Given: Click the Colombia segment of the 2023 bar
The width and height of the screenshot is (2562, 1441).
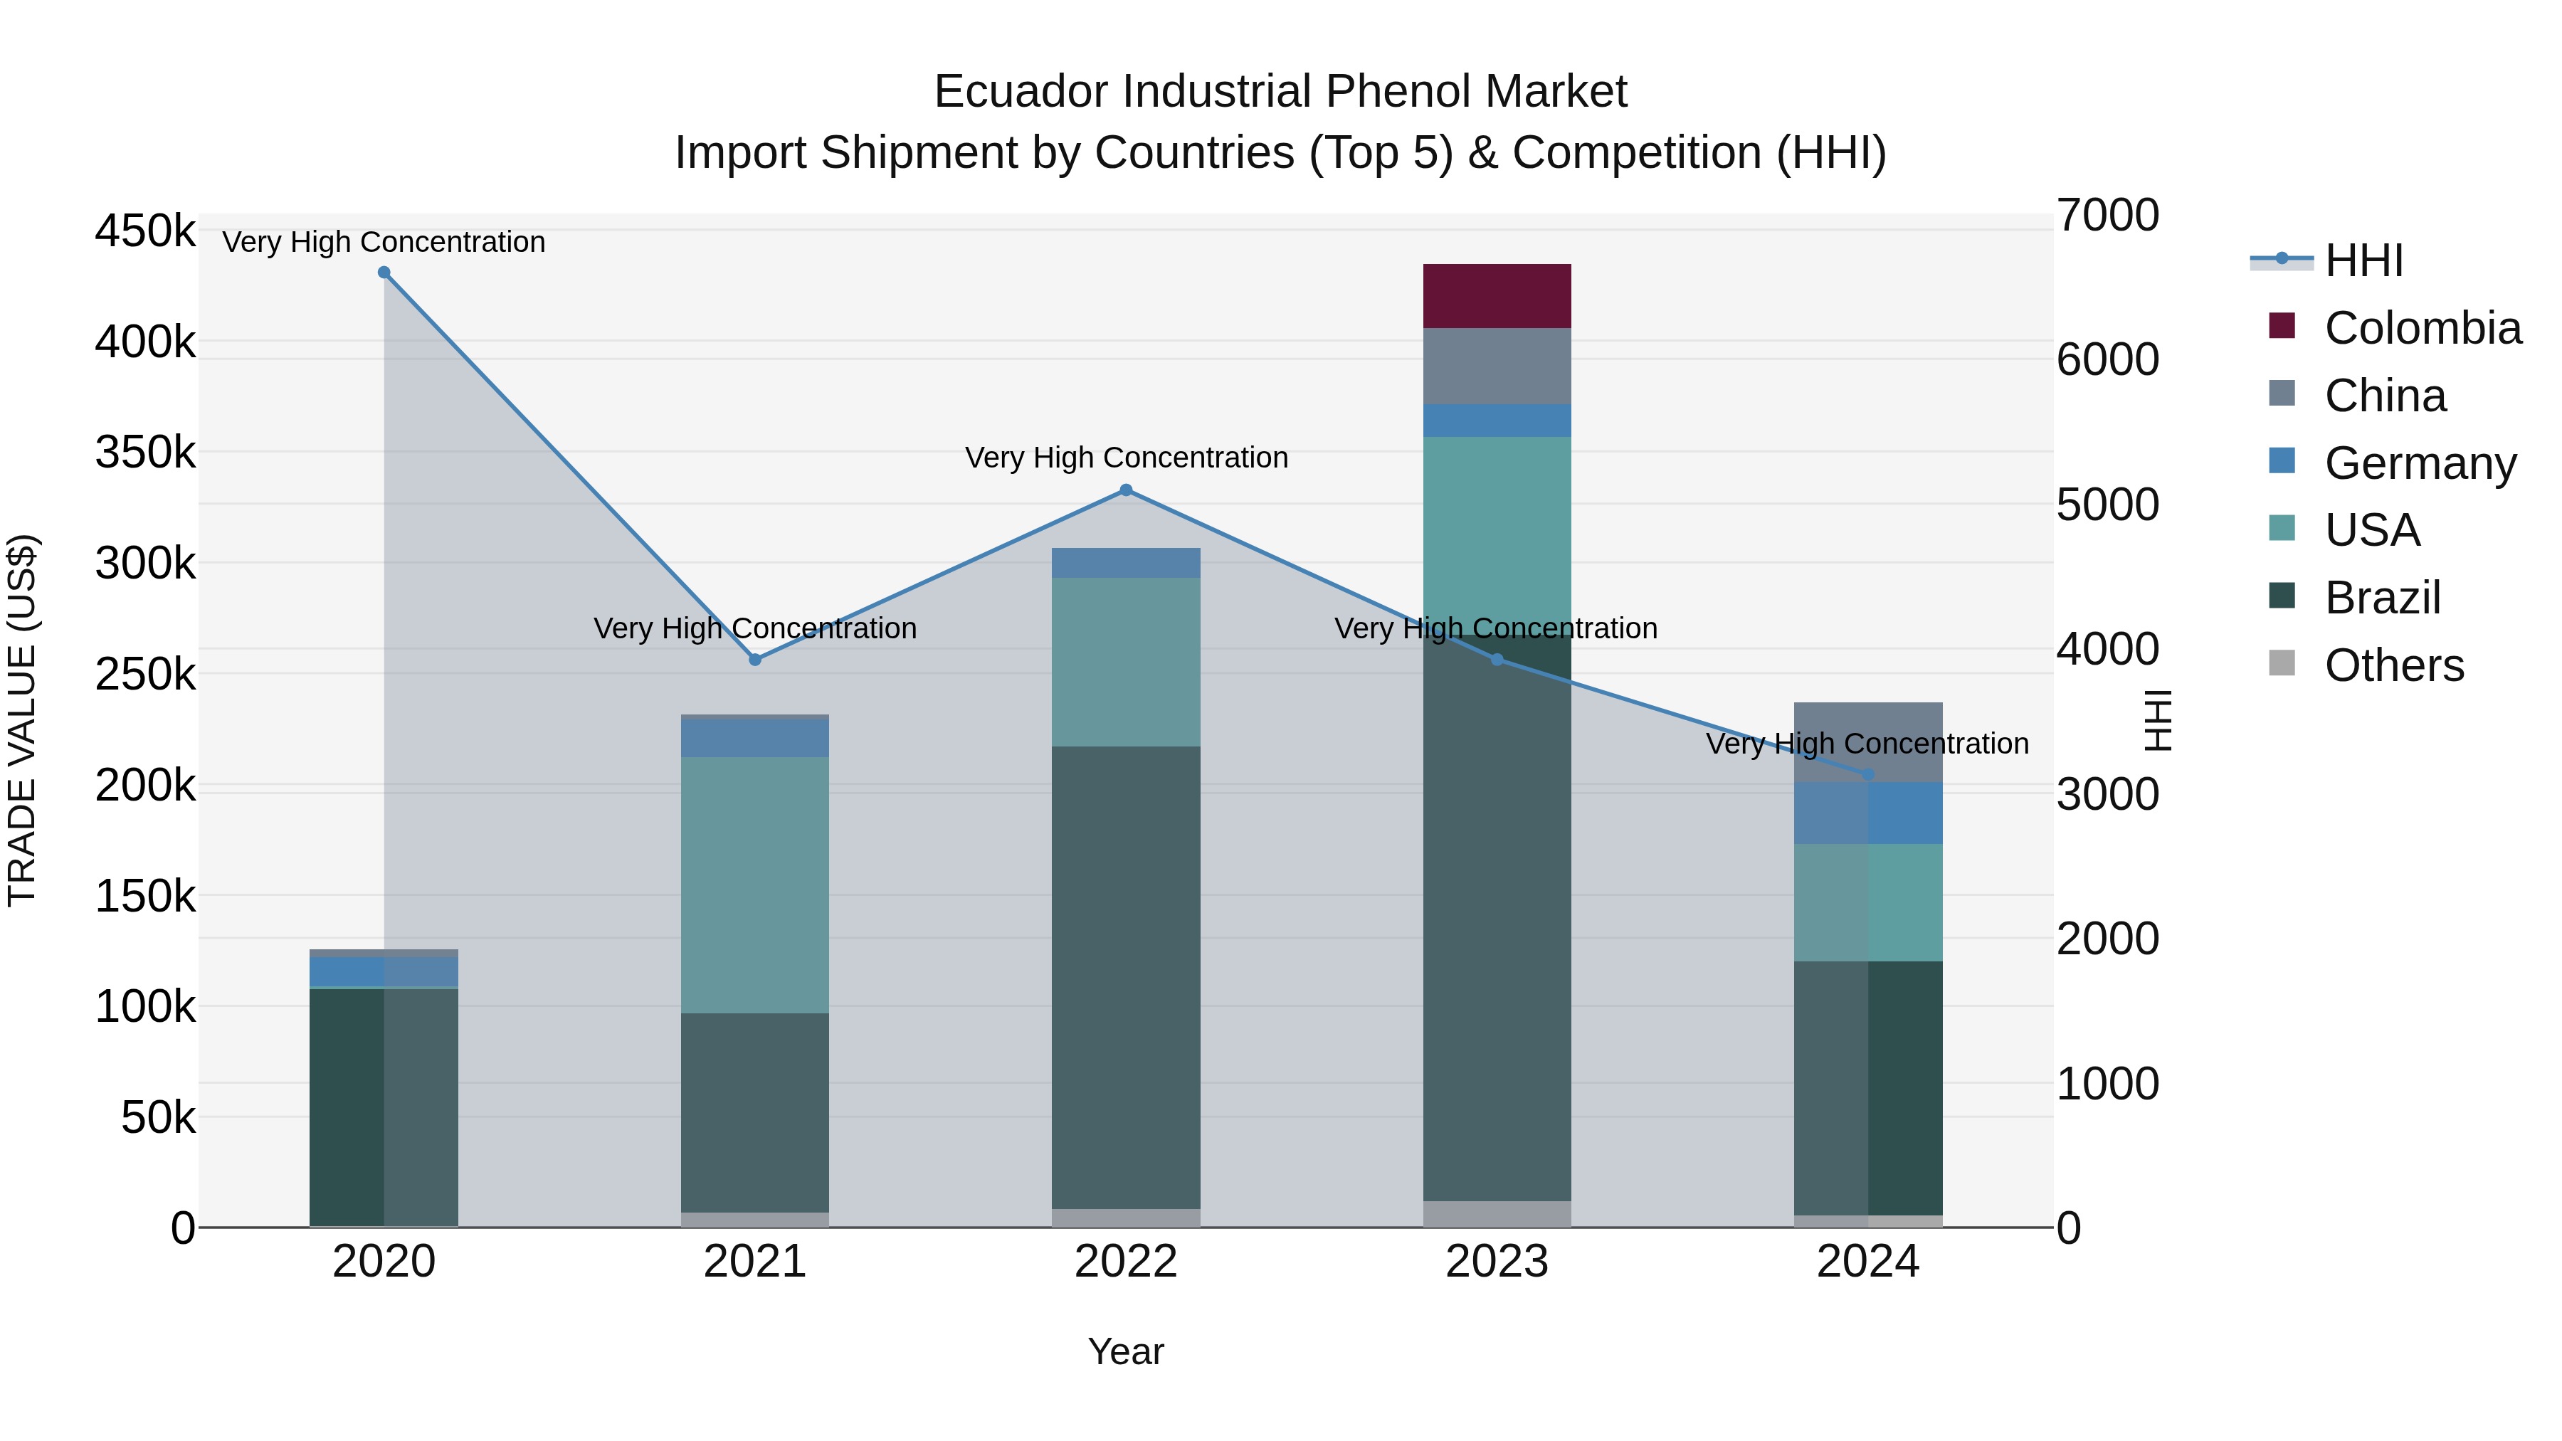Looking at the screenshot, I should pos(1497,295).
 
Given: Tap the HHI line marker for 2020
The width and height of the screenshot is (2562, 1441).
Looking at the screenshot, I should pos(384,273).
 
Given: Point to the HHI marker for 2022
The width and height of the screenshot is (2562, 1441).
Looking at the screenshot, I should pos(1126,490).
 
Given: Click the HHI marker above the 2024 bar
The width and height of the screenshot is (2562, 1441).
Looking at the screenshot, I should pos(1868,774).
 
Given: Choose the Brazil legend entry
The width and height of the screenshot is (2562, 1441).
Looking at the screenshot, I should pos(2381,598).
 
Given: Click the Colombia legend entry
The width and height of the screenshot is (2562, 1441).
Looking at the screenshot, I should pos(2421,328).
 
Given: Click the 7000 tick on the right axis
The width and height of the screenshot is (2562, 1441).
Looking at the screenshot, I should pos(2107,215).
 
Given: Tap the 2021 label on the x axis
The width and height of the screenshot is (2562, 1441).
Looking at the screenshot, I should pos(755,1262).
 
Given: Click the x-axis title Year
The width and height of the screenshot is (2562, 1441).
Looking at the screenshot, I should pos(1126,1351).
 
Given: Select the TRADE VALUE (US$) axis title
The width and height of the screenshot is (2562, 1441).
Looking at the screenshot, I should pos(22,720).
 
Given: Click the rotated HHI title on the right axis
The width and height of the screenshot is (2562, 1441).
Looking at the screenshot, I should pos(2157,720).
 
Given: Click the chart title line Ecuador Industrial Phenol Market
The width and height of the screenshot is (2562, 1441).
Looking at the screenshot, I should pos(1280,92).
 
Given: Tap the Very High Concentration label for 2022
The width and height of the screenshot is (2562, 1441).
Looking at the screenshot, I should pos(1126,458).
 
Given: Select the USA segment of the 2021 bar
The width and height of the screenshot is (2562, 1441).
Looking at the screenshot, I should pos(755,885).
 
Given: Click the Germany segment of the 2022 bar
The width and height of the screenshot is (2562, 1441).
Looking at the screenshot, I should pos(1126,563).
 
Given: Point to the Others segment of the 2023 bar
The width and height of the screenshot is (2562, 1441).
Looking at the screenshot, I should pos(1497,1213).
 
